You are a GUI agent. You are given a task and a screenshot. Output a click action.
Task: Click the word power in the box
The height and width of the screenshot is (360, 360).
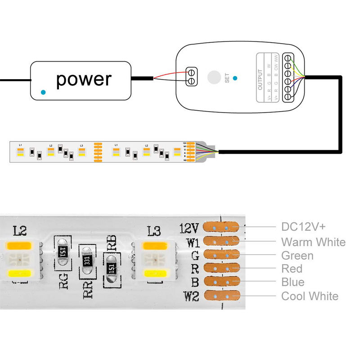(84, 79)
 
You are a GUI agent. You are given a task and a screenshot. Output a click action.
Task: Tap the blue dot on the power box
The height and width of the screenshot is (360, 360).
(43, 92)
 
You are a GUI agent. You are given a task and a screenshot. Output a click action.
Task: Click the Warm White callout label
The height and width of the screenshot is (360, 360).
(313, 242)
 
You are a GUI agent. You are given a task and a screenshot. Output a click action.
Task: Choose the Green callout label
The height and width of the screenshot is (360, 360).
(297, 256)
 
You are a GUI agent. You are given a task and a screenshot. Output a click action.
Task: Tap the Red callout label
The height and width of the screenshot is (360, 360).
(292, 269)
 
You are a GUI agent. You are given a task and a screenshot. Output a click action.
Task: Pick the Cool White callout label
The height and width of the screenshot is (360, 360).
(310, 296)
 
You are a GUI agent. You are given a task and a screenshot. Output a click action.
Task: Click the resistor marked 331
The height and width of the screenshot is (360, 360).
(87, 260)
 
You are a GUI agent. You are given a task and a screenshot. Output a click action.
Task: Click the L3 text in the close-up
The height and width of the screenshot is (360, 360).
(154, 231)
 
